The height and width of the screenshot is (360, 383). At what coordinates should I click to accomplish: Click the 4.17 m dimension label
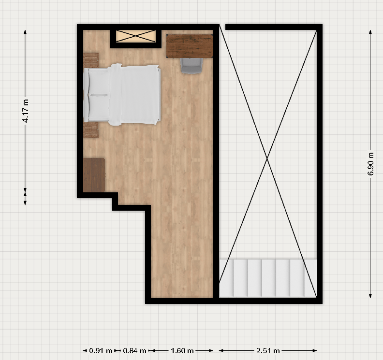point(26,111)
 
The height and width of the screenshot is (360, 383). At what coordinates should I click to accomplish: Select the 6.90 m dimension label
point(370,163)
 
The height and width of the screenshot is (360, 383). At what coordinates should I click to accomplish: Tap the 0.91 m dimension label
point(101,351)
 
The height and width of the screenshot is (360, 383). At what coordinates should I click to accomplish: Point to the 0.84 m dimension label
point(134,351)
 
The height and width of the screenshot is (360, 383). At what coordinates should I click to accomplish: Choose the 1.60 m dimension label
point(182,351)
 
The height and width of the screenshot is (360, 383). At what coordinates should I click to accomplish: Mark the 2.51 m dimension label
point(268,351)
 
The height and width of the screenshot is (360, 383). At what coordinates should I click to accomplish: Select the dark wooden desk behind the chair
point(190,46)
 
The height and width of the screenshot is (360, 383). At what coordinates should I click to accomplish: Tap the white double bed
point(122,94)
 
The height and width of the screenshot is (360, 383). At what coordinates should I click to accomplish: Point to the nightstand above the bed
point(91,60)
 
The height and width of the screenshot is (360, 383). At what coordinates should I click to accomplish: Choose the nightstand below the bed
point(91,130)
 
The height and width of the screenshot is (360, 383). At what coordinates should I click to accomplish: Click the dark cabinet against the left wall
point(94,175)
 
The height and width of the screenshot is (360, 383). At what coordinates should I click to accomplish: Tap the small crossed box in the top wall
point(136,36)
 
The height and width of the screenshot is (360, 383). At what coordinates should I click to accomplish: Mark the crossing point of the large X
point(267,159)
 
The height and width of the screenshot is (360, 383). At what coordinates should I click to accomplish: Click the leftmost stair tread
point(226,278)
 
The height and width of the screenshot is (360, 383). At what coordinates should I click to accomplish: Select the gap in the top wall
point(222,27)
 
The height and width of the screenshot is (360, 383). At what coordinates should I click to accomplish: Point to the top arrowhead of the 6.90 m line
point(370,32)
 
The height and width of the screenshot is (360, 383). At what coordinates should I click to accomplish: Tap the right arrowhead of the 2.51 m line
point(315,351)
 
